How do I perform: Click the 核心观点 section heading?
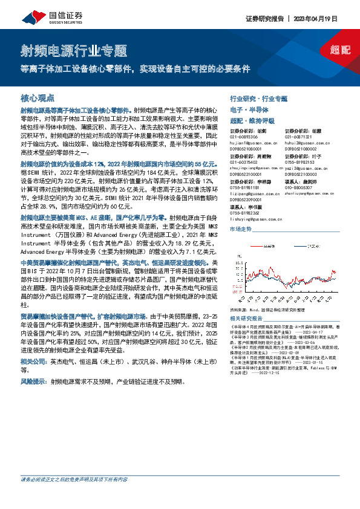click(38, 98)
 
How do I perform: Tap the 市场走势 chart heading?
click(241, 230)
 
